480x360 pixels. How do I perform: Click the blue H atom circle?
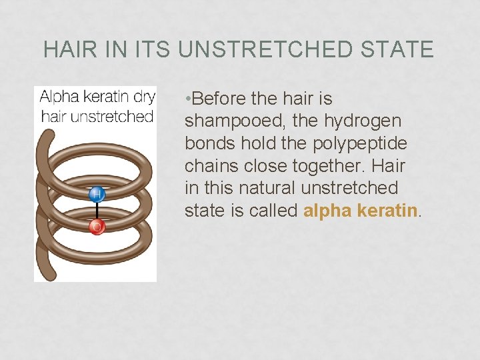pos(96,194)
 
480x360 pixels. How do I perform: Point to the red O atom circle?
pos(96,227)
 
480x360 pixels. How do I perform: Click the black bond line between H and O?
pos(96,211)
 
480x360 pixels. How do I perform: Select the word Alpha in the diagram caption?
pos(59,97)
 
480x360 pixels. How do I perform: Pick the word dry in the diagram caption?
pos(144,97)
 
